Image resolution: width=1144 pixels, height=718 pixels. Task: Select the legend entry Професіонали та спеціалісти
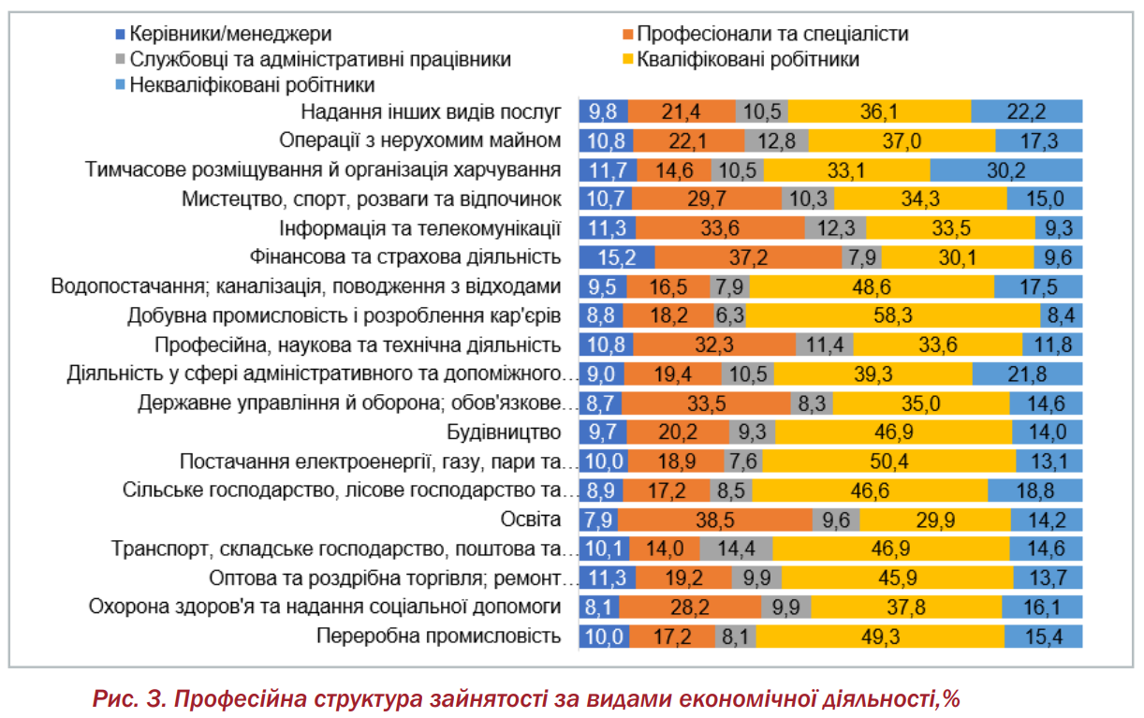772,35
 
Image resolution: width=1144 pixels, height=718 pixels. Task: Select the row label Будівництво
504,432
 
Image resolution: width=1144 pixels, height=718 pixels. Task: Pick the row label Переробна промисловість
439,636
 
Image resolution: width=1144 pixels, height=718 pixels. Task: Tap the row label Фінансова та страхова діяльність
405,257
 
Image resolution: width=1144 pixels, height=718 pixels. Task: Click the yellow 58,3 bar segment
893,315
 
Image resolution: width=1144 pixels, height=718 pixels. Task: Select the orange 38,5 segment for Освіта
715,520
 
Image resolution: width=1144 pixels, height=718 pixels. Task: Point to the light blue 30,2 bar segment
1006,170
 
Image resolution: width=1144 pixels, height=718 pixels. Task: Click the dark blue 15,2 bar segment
616,257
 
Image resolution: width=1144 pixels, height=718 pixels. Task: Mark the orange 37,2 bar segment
748,257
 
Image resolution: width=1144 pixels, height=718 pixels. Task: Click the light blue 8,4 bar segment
1061,315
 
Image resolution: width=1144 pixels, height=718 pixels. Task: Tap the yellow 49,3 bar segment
880,636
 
